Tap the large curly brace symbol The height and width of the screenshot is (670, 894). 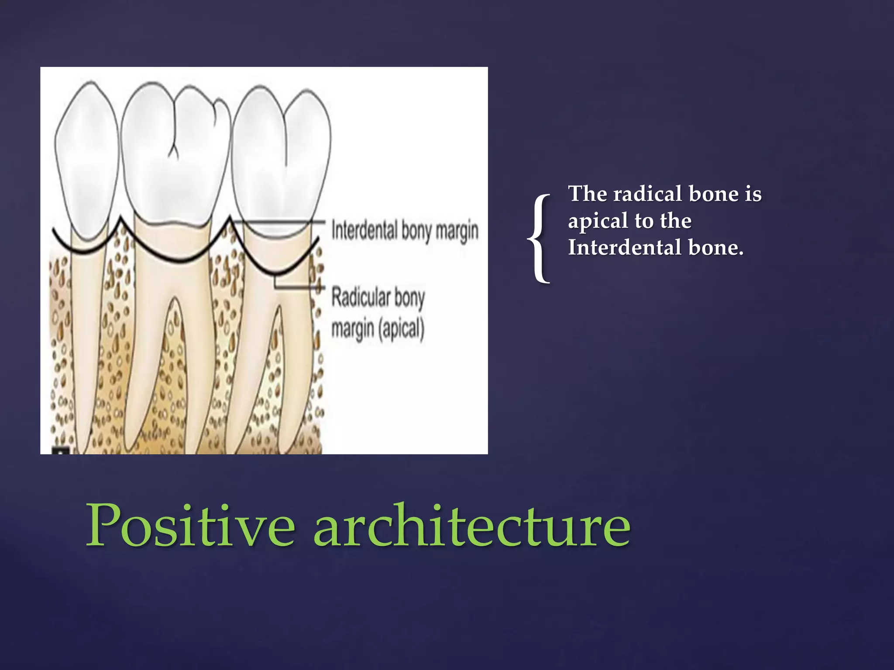tap(540, 238)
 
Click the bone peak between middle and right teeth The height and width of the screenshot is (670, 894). tap(230, 221)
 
